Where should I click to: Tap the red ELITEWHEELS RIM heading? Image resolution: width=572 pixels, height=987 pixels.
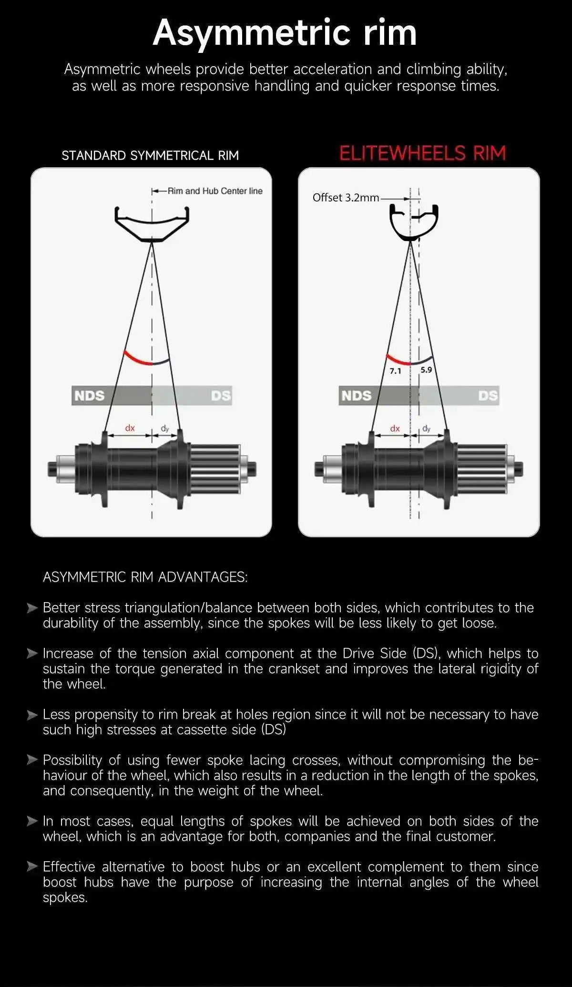(422, 153)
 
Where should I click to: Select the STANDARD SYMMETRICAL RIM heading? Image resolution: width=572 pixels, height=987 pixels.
(150, 156)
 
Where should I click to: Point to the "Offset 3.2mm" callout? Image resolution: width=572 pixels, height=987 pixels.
(346, 198)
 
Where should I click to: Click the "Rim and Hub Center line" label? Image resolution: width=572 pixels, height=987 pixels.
(215, 191)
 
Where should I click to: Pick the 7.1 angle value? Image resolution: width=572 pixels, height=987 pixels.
(395, 371)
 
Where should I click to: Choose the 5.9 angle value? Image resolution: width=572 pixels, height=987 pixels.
(426, 370)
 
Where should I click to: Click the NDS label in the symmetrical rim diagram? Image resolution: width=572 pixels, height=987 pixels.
(89, 396)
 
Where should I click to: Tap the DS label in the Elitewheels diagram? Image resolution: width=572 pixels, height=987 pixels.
(488, 396)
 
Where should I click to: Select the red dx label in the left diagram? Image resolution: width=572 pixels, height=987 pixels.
(130, 428)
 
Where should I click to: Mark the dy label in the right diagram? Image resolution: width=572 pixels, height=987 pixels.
(426, 429)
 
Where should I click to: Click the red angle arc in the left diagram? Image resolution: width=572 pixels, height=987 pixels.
(137, 359)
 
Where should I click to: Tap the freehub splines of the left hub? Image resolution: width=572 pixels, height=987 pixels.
(215, 469)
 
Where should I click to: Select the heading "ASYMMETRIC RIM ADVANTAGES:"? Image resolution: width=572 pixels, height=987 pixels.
(145, 577)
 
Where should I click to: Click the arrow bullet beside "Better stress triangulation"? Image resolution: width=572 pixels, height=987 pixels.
(32, 608)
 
